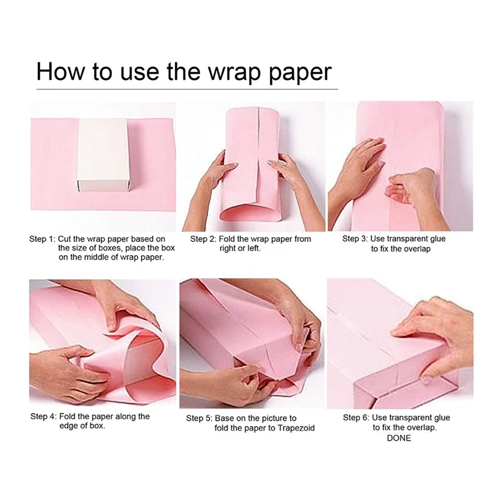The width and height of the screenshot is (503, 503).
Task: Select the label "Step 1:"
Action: tap(42, 240)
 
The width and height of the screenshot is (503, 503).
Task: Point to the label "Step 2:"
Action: tap(203, 240)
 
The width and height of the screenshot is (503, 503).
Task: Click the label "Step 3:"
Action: tap(355, 240)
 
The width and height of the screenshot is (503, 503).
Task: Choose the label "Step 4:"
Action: tap(43, 416)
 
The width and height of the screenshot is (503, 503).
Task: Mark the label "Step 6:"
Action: tap(355, 418)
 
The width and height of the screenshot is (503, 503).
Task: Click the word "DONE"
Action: tap(399, 438)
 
